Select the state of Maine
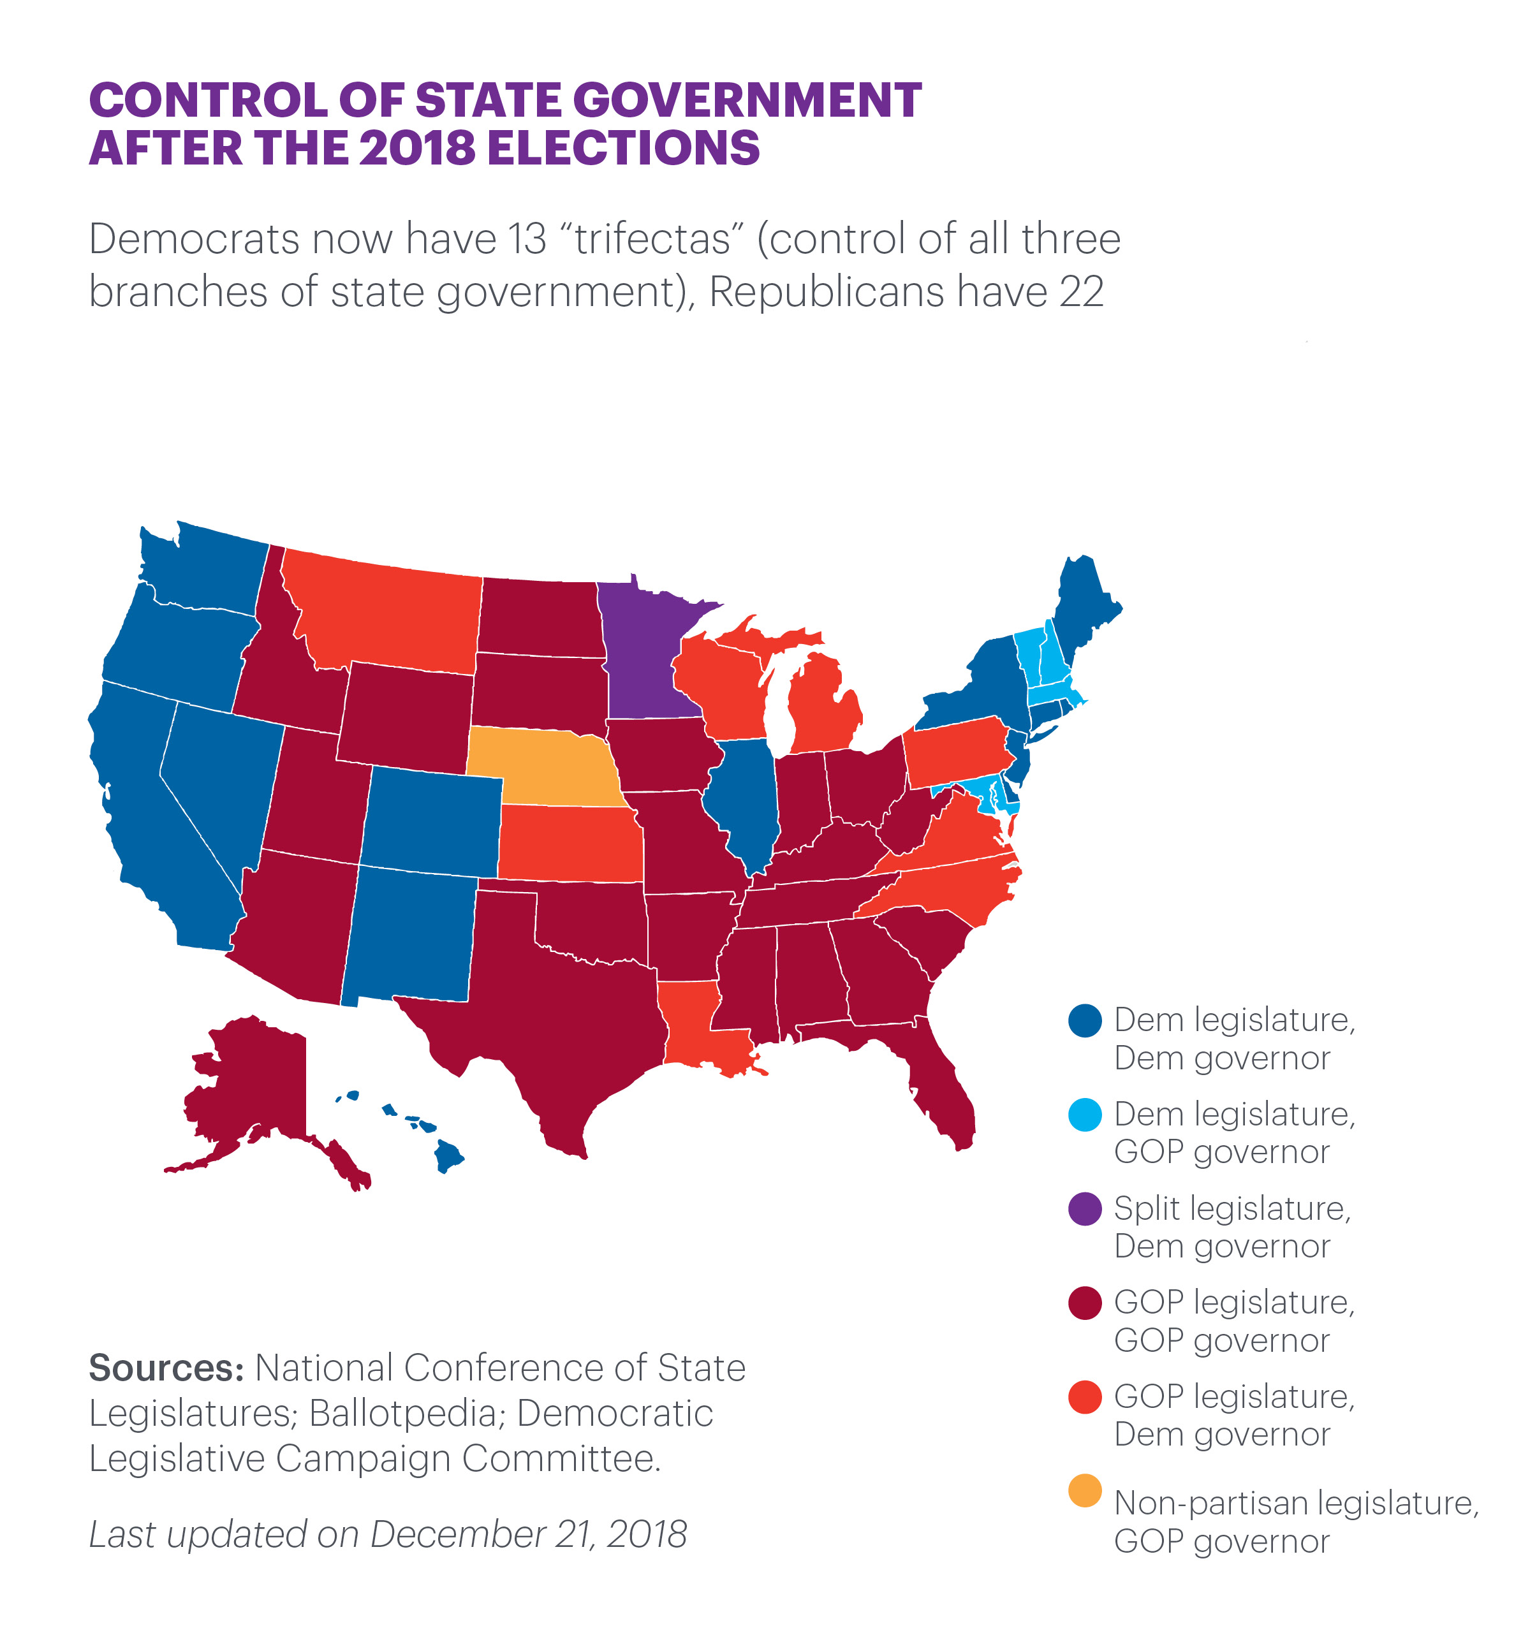pos(1085,606)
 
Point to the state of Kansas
pos(570,844)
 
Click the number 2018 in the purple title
pos(417,149)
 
